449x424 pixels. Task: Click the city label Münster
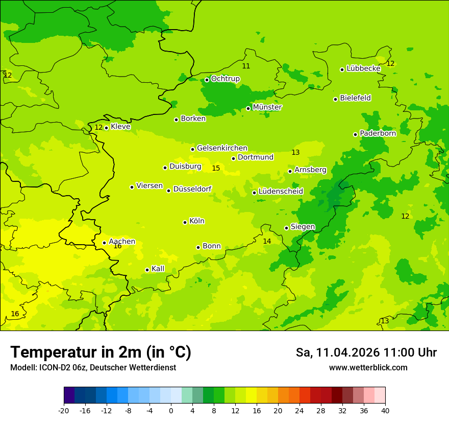267,107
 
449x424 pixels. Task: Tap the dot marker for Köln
185,222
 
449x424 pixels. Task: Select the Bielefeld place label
355,98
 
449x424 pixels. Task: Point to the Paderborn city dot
355,134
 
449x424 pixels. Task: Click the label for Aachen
122,242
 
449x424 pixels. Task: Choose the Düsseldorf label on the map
192,189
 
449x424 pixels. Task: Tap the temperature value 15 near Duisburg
216,168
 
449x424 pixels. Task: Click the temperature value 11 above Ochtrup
246,66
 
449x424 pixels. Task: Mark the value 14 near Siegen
267,241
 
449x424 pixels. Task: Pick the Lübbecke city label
363,68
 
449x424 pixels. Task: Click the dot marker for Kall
147,270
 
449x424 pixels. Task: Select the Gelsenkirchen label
222,148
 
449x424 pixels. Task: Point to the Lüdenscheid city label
281,192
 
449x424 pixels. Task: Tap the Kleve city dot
106,128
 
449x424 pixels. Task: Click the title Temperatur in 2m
101,352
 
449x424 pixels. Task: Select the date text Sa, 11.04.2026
338,352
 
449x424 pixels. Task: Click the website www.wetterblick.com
368,368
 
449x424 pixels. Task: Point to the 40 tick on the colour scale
385,410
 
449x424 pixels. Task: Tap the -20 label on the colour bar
64,410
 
